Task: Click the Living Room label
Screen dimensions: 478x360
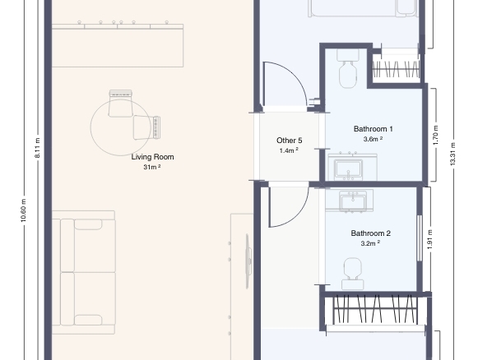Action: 152,157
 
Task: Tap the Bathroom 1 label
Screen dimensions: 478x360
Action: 374,129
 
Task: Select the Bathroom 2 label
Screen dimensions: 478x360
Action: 371,233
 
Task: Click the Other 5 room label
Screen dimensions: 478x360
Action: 290,141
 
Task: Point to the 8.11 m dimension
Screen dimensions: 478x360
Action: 38,148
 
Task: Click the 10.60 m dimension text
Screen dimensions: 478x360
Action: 24,210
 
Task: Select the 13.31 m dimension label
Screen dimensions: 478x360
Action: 452,155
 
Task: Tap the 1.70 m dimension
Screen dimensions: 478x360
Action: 435,136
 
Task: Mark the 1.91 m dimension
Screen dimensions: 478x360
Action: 430,240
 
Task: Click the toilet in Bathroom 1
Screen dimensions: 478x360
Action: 348,69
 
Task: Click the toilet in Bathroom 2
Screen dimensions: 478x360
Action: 352,274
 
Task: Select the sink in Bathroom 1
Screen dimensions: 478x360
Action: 349,168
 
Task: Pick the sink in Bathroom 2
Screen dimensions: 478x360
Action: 353,201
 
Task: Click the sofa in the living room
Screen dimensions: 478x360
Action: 84,272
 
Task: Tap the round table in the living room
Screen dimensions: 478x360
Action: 121,127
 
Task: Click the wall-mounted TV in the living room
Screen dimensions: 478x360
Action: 248,261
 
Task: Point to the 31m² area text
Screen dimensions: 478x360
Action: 152,167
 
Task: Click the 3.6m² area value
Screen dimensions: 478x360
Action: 373,139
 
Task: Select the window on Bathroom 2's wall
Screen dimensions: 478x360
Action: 420,238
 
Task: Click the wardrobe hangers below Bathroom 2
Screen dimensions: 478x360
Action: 375,309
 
